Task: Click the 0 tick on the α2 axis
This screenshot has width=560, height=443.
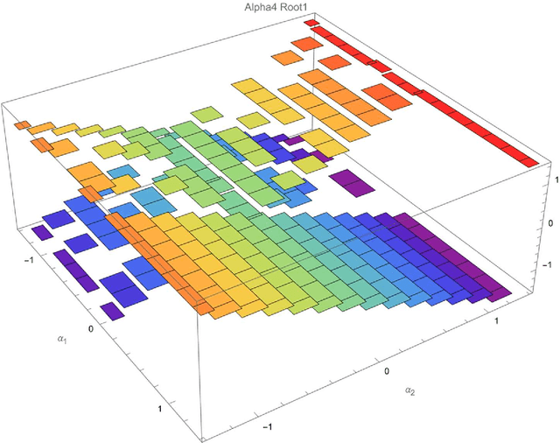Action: click(x=388, y=370)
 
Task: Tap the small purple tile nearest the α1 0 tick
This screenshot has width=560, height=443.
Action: click(x=112, y=311)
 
